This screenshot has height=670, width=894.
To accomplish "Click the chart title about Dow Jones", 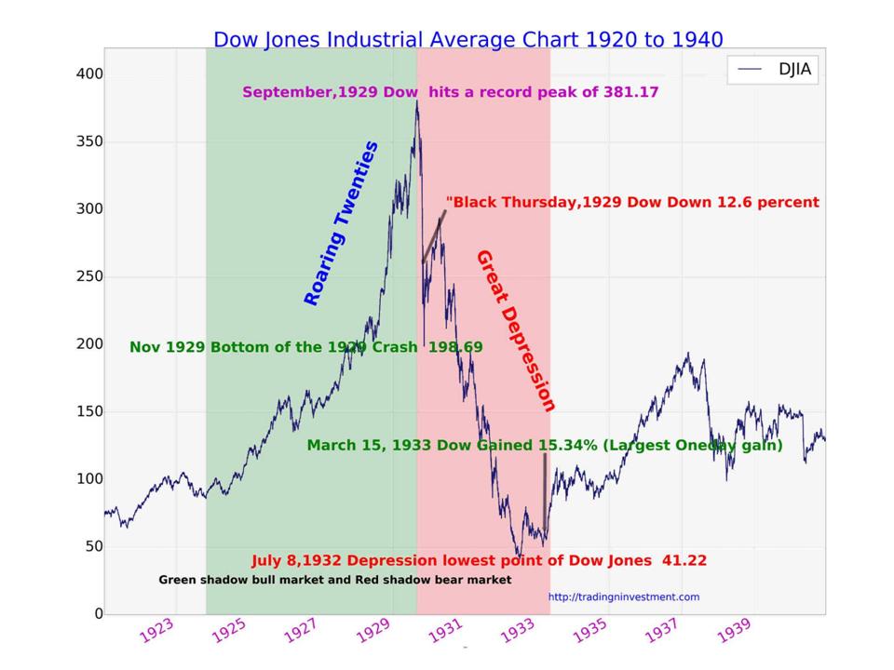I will [x=467, y=40].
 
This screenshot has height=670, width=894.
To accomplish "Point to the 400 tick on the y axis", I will [x=90, y=74].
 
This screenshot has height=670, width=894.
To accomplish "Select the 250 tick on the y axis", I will [x=90, y=276].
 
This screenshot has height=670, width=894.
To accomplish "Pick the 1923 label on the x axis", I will [x=156, y=631].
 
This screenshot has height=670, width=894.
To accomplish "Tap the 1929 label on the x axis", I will [x=372, y=631].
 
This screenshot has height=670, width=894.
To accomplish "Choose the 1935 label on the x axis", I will [x=589, y=631].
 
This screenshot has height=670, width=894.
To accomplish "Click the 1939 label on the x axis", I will [x=733, y=631].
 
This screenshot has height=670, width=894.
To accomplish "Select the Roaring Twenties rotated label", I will [x=341, y=223].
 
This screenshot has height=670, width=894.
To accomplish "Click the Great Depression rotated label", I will [x=516, y=330].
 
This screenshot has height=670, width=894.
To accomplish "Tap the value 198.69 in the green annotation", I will [x=455, y=347].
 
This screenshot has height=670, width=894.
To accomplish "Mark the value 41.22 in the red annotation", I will [x=684, y=560].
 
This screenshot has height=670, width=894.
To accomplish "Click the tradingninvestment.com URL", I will [x=623, y=597].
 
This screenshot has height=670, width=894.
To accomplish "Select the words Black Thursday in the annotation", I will [x=511, y=202].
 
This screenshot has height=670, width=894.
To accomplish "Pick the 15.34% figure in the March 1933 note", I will [x=565, y=446].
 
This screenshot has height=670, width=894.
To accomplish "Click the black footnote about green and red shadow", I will [x=334, y=580].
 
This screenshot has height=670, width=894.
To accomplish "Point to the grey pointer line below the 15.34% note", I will [x=545, y=489].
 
